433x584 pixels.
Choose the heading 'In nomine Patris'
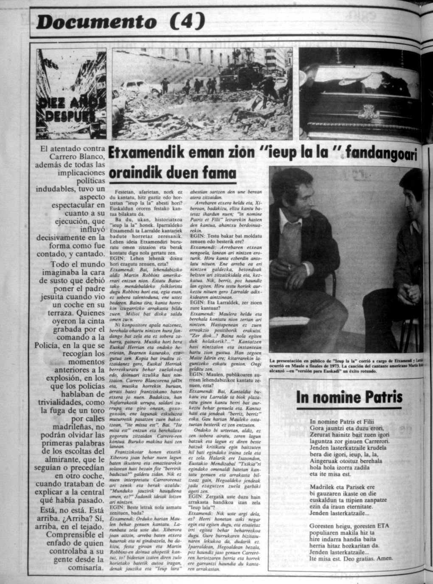click(x=349, y=398)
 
